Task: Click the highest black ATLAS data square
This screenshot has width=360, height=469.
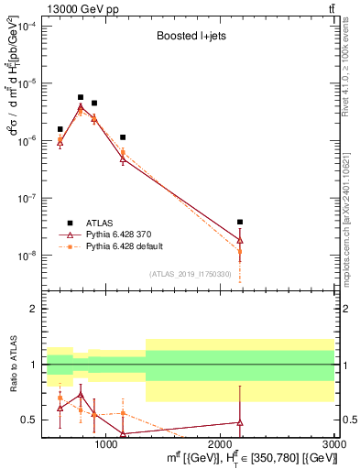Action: click(81, 97)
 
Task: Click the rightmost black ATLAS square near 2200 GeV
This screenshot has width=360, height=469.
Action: click(240, 222)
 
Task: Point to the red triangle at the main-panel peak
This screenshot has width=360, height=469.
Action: click(81, 107)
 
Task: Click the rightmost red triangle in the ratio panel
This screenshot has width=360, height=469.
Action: click(240, 422)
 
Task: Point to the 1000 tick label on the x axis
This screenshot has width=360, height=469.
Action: click(106, 445)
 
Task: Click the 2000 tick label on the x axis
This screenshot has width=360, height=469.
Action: click(221, 445)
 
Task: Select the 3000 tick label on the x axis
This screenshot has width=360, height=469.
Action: click(333, 445)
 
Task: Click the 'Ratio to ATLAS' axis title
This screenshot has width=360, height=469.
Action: click(13, 366)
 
